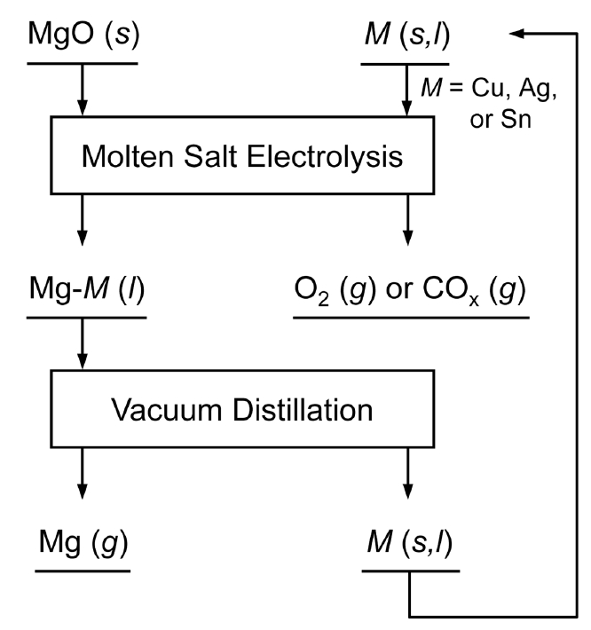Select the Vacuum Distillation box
coord(242,411)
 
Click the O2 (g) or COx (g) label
coord(409,294)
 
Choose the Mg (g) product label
coord(81,542)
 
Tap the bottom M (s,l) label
coord(409,542)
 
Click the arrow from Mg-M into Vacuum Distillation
coord(82,345)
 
